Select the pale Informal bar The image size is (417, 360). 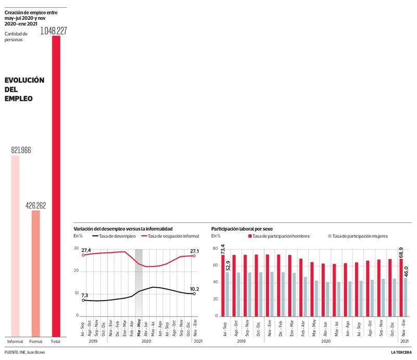tap(15, 246)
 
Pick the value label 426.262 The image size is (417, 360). tap(36, 206)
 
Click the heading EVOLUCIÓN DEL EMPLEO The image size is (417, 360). tap(24, 89)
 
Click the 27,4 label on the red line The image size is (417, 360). tap(86, 250)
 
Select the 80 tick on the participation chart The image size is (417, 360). tap(215, 248)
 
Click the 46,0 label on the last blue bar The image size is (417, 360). tap(406, 269)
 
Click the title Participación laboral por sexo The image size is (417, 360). tap(242, 229)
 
